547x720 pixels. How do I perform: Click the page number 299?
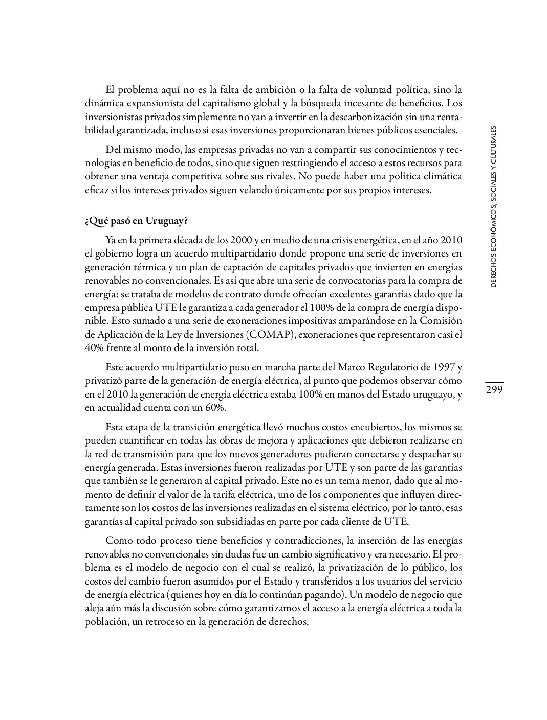[494, 390]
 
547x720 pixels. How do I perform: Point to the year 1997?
[442, 367]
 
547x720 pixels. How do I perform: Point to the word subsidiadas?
[232, 522]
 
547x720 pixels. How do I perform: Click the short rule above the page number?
[494, 382]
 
